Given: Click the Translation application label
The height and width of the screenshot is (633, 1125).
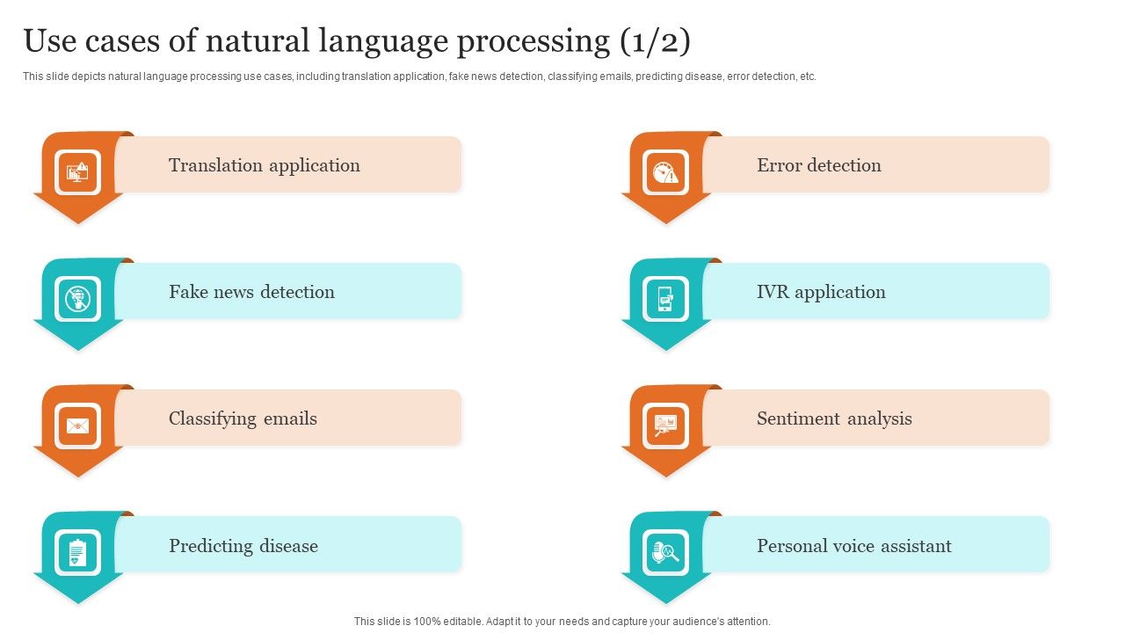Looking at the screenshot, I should pyautogui.click(x=264, y=165).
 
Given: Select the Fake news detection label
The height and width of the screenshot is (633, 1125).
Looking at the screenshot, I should pyautogui.click(x=251, y=292).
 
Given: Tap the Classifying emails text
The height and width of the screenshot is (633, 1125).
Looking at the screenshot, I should pyautogui.click(x=243, y=418).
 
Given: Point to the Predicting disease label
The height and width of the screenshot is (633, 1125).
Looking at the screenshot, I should pyautogui.click(x=243, y=546).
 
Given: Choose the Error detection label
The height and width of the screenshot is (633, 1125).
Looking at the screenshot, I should pyautogui.click(x=818, y=165).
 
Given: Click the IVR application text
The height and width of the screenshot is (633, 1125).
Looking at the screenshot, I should pyautogui.click(x=821, y=292).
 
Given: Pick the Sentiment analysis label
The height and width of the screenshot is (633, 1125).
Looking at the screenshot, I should pyautogui.click(x=834, y=418).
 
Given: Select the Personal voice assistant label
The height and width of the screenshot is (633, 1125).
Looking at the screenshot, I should pyautogui.click(x=853, y=546).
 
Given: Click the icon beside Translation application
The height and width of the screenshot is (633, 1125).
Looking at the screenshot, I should pyautogui.click(x=78, y=171).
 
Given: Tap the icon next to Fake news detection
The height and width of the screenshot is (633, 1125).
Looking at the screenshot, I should pyautogui.click(x=78, y=299).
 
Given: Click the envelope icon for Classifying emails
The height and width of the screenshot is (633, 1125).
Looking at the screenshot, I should pyautogui.click(x=78, y=426).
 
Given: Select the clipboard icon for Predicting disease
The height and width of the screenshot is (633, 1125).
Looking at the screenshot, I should pyautogui.click(x=78, y=553).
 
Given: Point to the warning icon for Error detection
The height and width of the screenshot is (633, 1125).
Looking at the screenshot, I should pyautogui.click(x=665, y=171).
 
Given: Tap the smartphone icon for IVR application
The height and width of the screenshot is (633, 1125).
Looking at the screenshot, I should pyautogui.click(x=665, y=299).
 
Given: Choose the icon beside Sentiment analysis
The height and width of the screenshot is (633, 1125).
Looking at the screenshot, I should pyautogui.click(x=665, y=426).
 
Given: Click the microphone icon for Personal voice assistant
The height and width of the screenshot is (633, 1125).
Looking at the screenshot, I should pyautogui.click(x=665, y=553).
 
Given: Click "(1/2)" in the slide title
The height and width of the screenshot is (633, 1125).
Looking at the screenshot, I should pyautogui.click(x=654, y=41).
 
